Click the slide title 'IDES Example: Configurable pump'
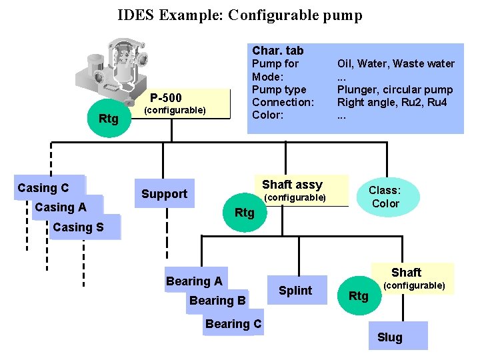tap(240, 15)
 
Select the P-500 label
tap(165, 97)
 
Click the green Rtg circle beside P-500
tap(109, 119)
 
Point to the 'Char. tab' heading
tap(277, 50)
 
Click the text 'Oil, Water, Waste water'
tap(395, 64)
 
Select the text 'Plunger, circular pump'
tap(395, 89)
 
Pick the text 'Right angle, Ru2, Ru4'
tap(392, 102)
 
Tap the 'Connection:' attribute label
tap(283, 102)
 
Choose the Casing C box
tap(43, 188)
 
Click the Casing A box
tap(61, 207)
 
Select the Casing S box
tap(79, 227)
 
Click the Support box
tap(164, 194)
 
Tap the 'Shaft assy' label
tap(292, 185)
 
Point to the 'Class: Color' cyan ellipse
tap(385, 197)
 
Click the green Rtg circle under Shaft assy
tap(245, 212)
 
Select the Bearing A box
tap(194, 281)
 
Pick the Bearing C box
tap(233, 324)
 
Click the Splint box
tap(295, 290)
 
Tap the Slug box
tap(389, 337)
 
